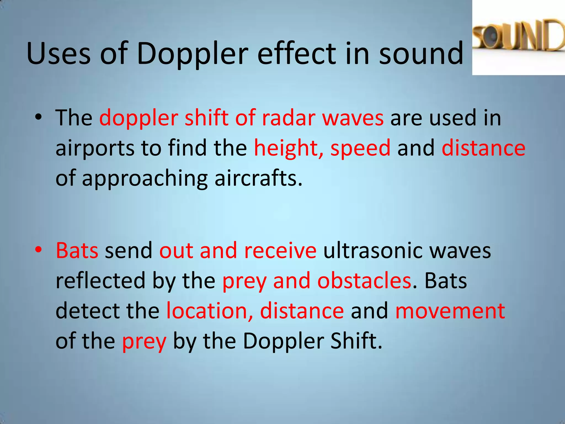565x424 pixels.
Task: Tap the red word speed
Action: point(360,148)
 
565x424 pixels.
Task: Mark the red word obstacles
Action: point(364,280)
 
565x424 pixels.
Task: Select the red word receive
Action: point(280,250)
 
